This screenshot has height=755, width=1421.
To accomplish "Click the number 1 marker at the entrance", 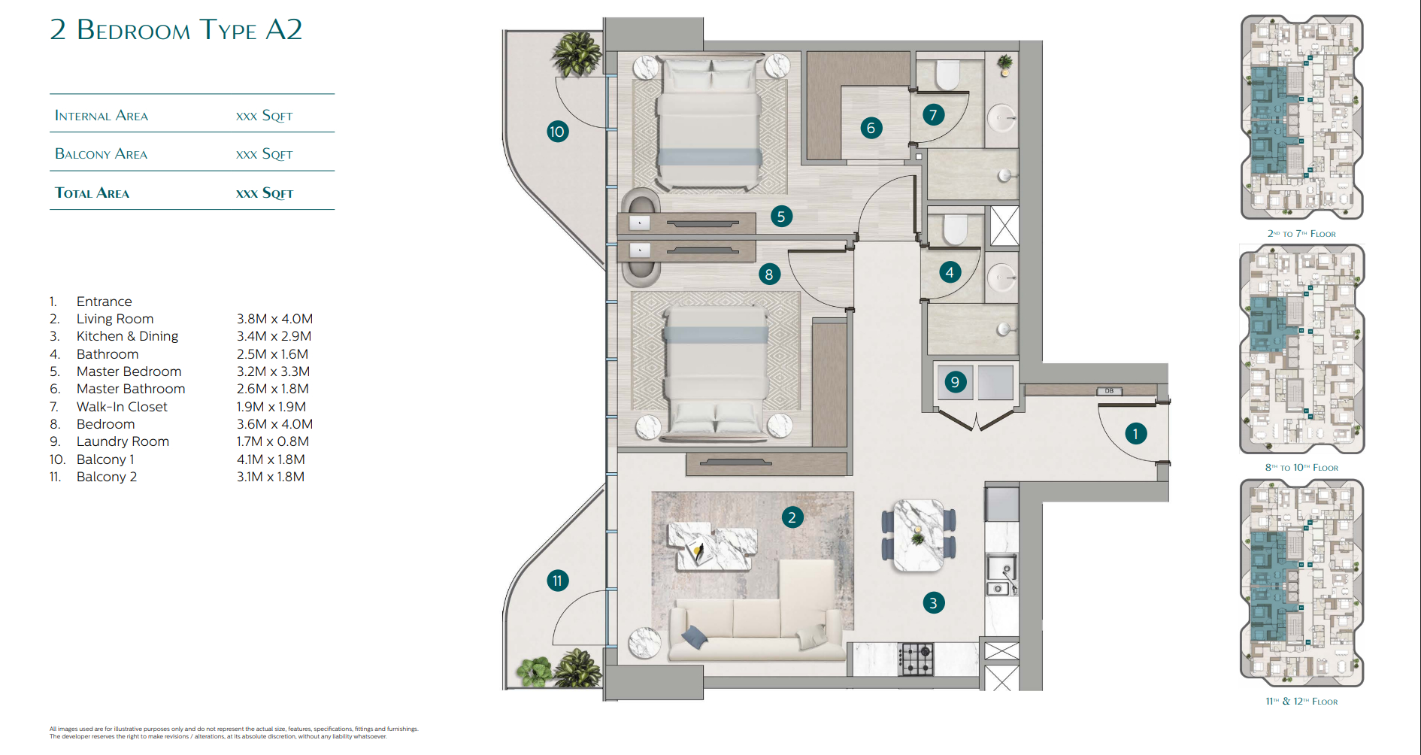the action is coord(1135,433).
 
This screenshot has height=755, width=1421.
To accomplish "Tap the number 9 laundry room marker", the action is coord(955,381).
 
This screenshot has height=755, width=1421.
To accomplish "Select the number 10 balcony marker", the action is coord(557,132).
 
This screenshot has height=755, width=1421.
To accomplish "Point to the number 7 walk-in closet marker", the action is coord(933,114).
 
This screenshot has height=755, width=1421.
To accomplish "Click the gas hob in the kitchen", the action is coord(917,659).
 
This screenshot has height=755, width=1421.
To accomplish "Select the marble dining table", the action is coord(918,535).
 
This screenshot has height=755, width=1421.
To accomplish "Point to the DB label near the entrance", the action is coord(1109,391).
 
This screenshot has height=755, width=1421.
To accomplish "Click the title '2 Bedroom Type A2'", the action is coord(176,30).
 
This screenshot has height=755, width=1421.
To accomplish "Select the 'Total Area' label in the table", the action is coord(92,193).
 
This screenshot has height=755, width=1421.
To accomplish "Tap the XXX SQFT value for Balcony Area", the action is coord(264,154).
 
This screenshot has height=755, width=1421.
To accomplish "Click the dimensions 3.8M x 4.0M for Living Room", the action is coord(274,319).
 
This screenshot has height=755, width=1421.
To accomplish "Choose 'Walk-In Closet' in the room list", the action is coord(122,407).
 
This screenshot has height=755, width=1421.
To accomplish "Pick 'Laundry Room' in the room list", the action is coord(123,441).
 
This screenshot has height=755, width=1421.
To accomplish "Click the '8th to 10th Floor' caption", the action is coord(1301,468).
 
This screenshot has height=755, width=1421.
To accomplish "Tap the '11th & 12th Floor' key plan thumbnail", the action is coord(1301,583).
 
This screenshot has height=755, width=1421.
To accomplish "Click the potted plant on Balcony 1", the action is coord(577,53).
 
